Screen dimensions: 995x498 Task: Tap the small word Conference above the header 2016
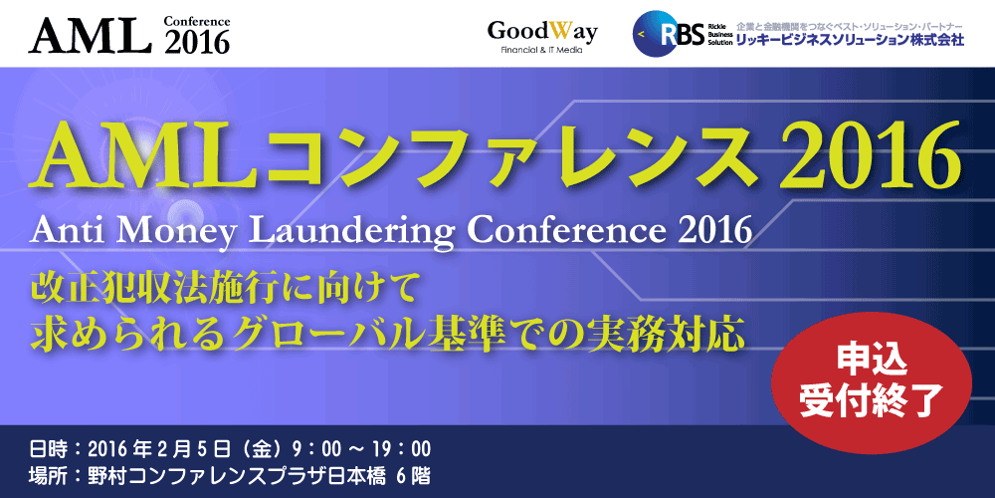[x=197, y=22]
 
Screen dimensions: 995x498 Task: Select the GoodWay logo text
[x=542, y=31]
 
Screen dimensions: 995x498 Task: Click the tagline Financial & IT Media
[x=542, y=50]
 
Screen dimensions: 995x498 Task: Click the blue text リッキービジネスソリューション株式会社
[x=850, y=40]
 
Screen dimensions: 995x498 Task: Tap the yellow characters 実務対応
[x=673, y=334]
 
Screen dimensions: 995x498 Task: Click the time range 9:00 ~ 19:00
[x=362, y=450]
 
